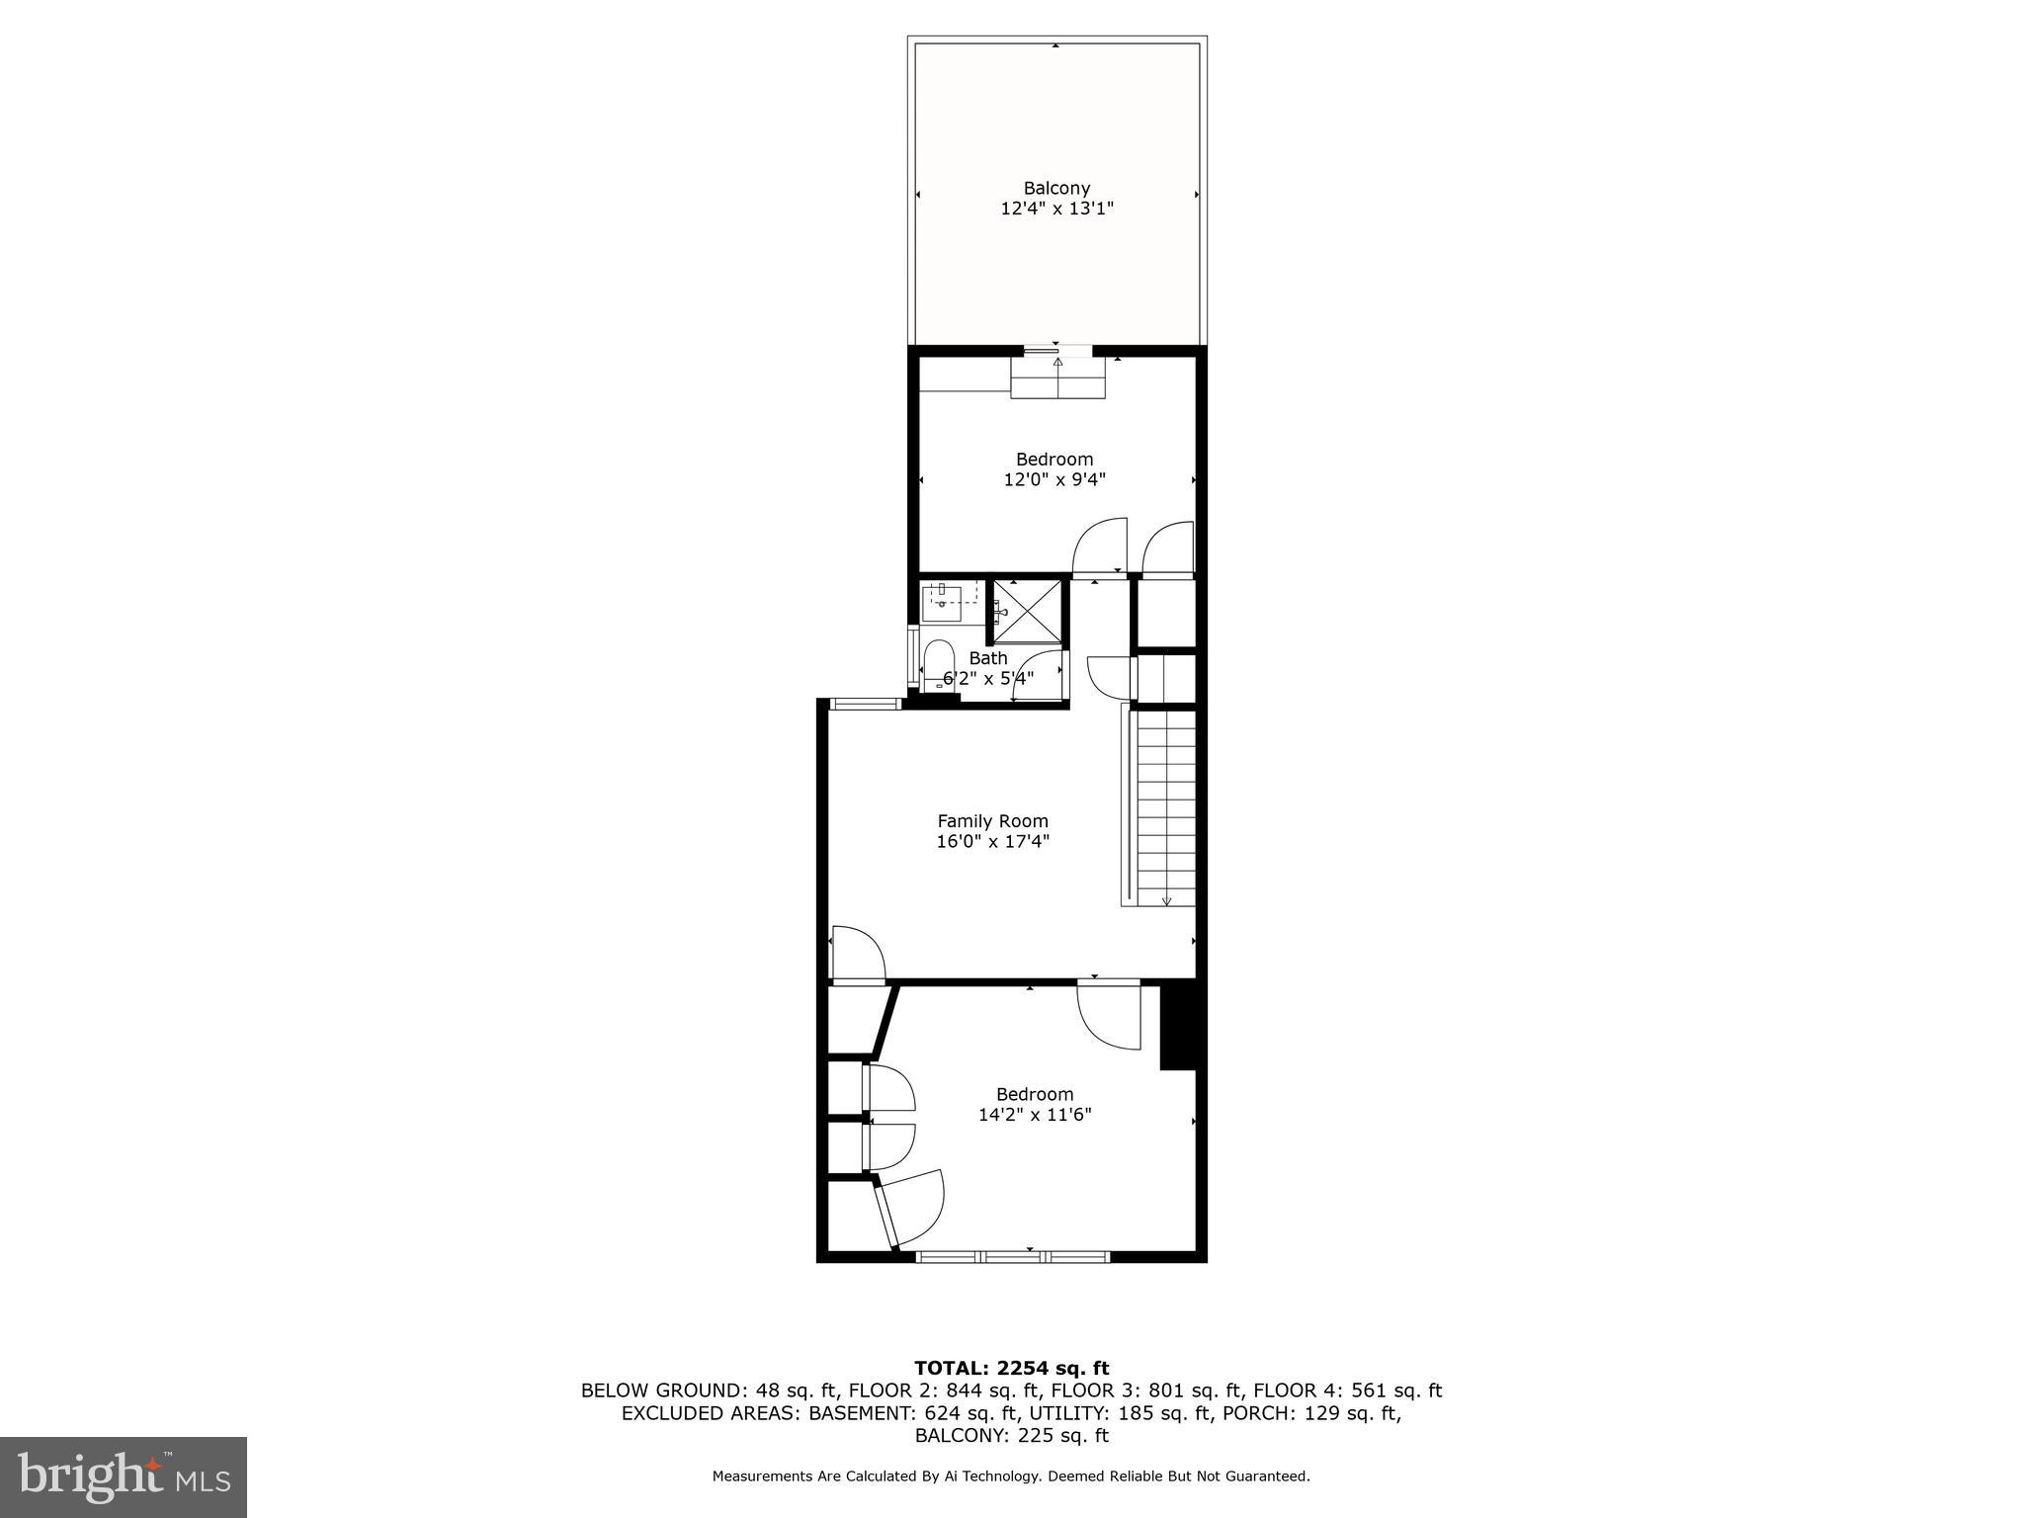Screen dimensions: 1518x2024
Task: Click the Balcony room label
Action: (1056, 188)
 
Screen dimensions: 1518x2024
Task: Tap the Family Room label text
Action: (992, 820)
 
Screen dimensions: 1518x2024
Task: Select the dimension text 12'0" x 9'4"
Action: (1054, 480)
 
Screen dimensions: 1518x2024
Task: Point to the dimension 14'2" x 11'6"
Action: (1035, 1115)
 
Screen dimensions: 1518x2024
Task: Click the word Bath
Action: (988, 658)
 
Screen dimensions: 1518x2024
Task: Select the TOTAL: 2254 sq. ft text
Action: (1011, 1368)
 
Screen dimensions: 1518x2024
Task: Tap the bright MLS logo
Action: (124, 1476)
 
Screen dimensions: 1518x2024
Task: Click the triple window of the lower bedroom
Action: (1012, 1256)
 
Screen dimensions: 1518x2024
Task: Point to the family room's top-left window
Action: (865, 704)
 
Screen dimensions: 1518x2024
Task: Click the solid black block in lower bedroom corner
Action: (1178, 1027)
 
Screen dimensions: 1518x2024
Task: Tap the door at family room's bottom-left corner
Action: (858, 955)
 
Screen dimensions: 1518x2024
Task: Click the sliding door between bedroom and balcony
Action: (1056, 350)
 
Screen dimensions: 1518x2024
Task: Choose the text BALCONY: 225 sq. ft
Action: (1011, 1436)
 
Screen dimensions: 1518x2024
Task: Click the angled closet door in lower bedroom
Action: (911, 1208)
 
